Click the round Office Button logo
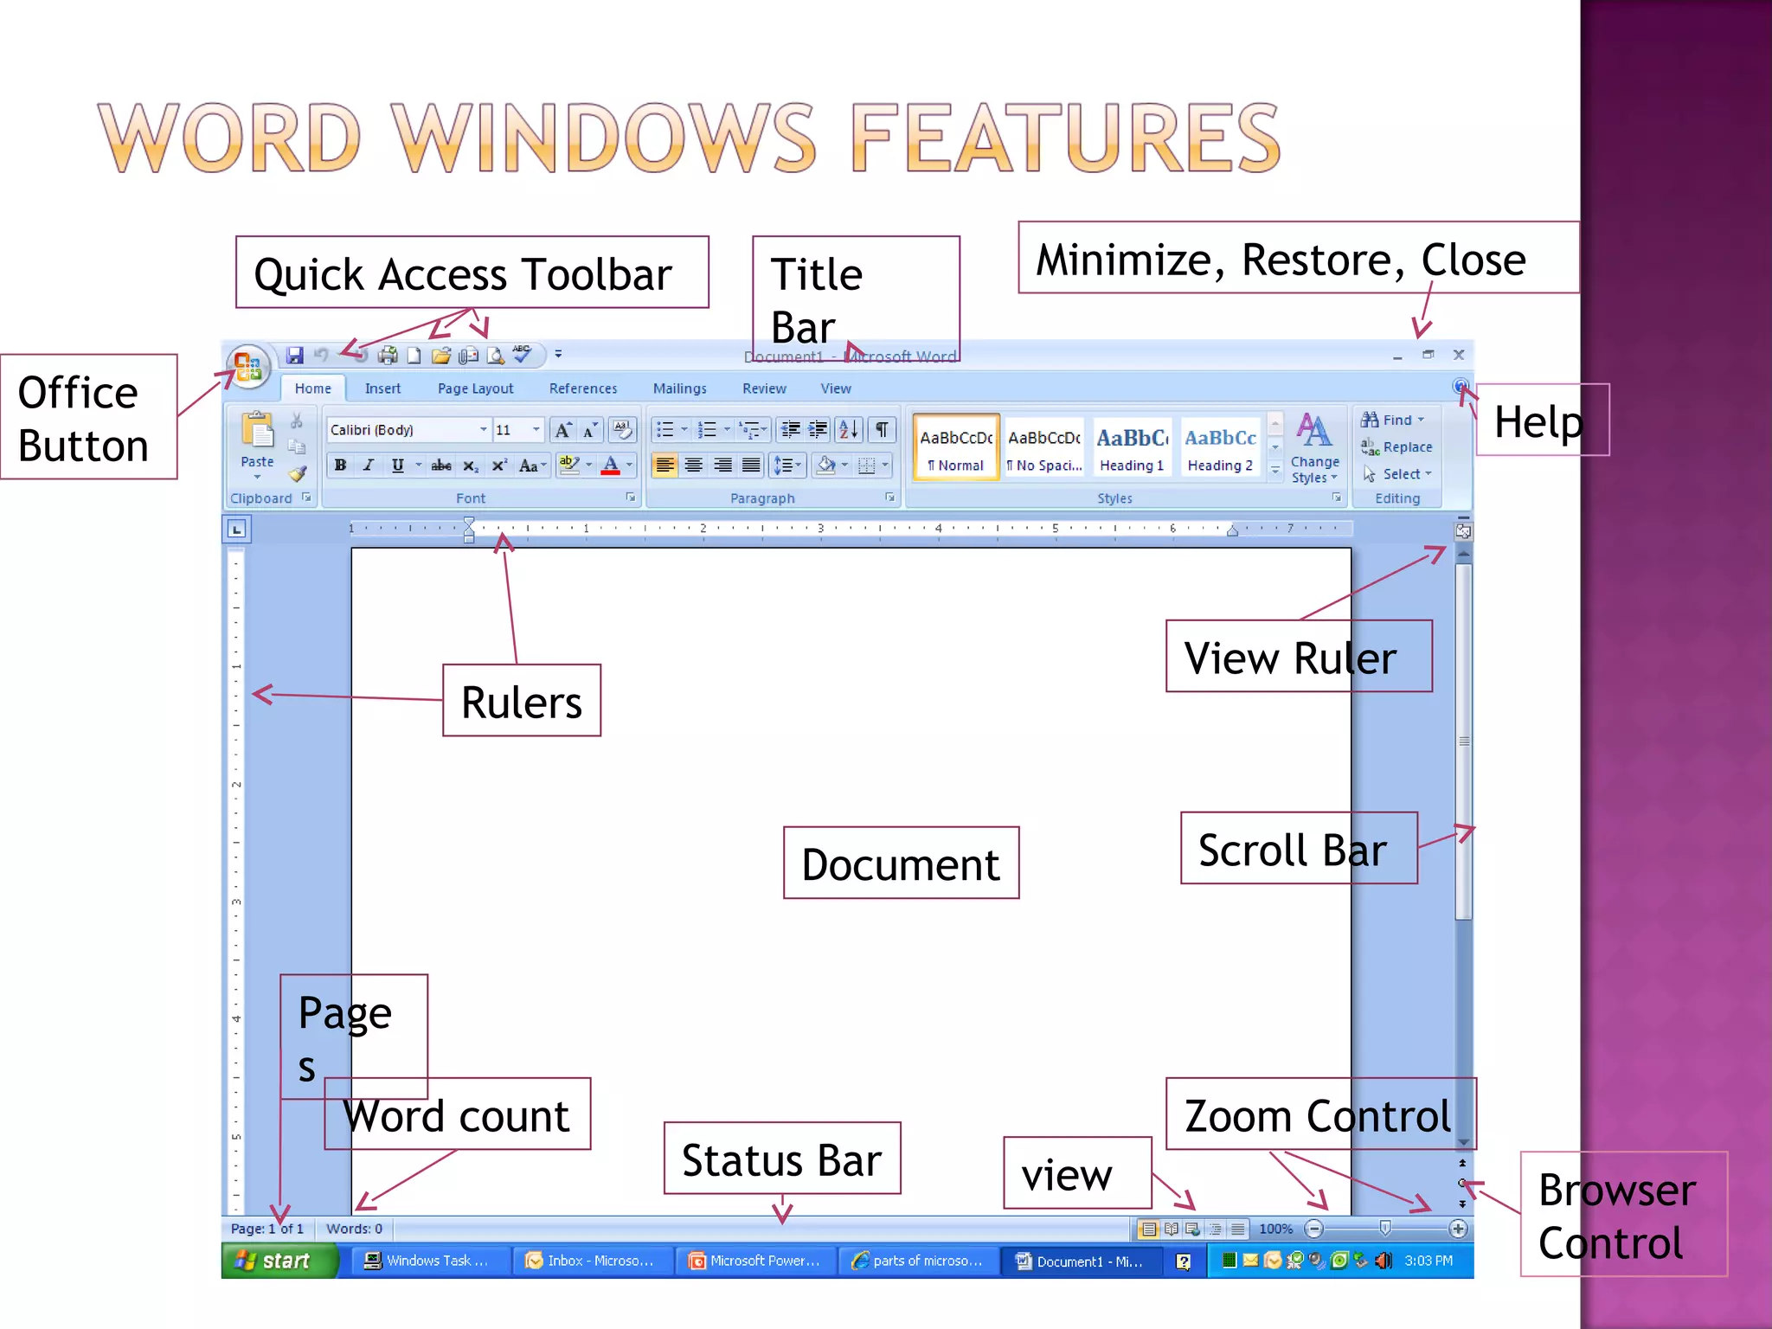[247, 367]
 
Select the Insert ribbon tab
[382, 388]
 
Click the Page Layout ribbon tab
[475, 388]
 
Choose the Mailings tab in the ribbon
[679, 388]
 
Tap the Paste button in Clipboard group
[257, 441]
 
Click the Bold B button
[341, 465]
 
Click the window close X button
[1459, 355]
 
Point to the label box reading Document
[901, 864]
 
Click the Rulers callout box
[522, 701]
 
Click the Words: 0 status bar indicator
[354, 1229]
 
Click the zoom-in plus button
[1458, 1229]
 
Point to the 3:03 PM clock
[1429, 1261]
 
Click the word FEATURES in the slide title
[1065, 138]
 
